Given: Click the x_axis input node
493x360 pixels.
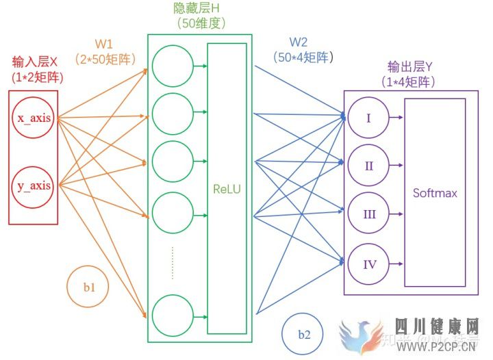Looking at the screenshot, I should tap(34, 118).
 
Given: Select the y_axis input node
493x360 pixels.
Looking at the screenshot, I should tap(34, 185).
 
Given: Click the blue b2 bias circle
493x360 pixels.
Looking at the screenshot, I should tap(303, 335).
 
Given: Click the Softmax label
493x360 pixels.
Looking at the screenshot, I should tap(435, 193).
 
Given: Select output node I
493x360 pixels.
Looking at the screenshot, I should tap(368, 118).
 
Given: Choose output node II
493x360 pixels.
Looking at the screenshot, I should tap(368, 166).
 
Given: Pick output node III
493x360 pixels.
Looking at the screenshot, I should tap(368, 214).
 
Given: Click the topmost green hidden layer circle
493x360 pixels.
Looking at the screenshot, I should tap(173, 66).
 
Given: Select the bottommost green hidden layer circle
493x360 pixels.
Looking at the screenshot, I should tap(173, 314).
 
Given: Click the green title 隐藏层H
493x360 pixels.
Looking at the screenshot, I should tap(199, 8).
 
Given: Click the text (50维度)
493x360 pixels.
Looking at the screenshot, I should tap(199, 24).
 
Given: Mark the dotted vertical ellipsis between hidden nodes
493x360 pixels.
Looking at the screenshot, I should tap(173, 263).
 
